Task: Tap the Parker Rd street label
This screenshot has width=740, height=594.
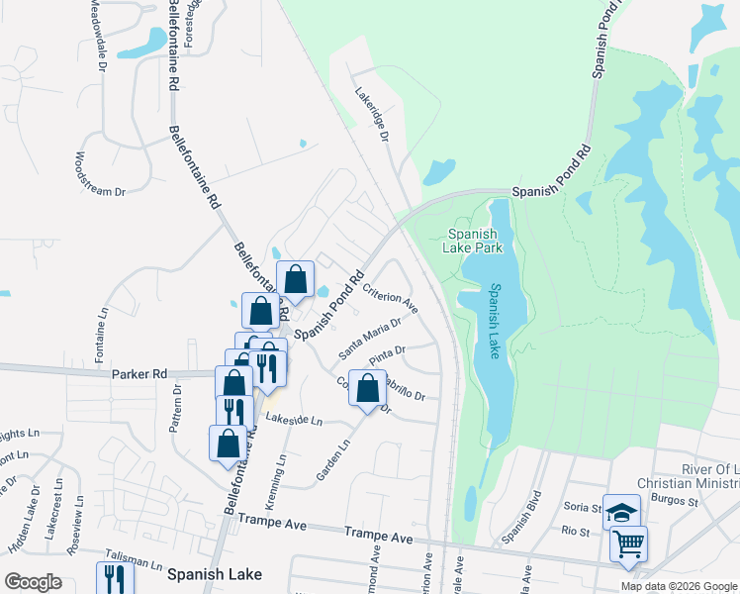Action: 139,374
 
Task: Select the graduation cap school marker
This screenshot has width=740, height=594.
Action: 621,513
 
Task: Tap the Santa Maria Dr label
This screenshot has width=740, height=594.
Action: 370,338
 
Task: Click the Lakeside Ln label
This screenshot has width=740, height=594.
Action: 293,421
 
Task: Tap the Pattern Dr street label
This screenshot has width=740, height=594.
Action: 178,405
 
